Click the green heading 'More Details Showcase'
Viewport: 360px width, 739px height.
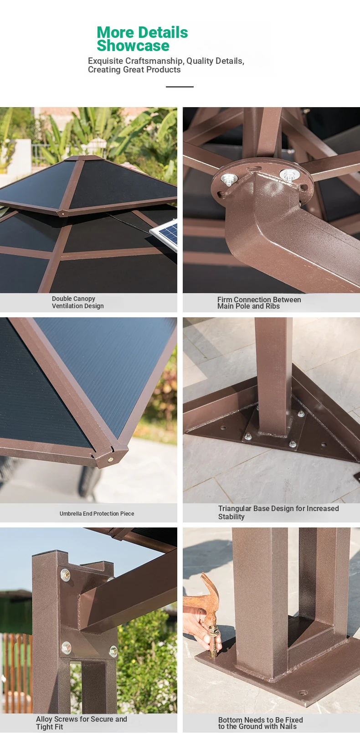pos(142,39)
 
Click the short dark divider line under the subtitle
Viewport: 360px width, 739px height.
pos(180,87)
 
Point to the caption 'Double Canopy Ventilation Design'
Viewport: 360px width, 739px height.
pos(78,302)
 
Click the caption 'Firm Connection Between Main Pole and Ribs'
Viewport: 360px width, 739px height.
pos(259,303)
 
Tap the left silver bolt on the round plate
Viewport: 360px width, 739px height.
pos(228,180)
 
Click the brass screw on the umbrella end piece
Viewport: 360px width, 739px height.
pos(110,460)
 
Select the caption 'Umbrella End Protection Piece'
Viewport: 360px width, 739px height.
pos(97,514)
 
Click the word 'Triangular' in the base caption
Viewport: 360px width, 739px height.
pos(234,509)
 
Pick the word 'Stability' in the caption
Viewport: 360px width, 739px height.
pos(231,517)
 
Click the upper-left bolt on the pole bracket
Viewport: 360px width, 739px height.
pos(65,575)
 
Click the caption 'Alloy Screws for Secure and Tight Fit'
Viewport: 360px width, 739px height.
pos(82,723)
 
